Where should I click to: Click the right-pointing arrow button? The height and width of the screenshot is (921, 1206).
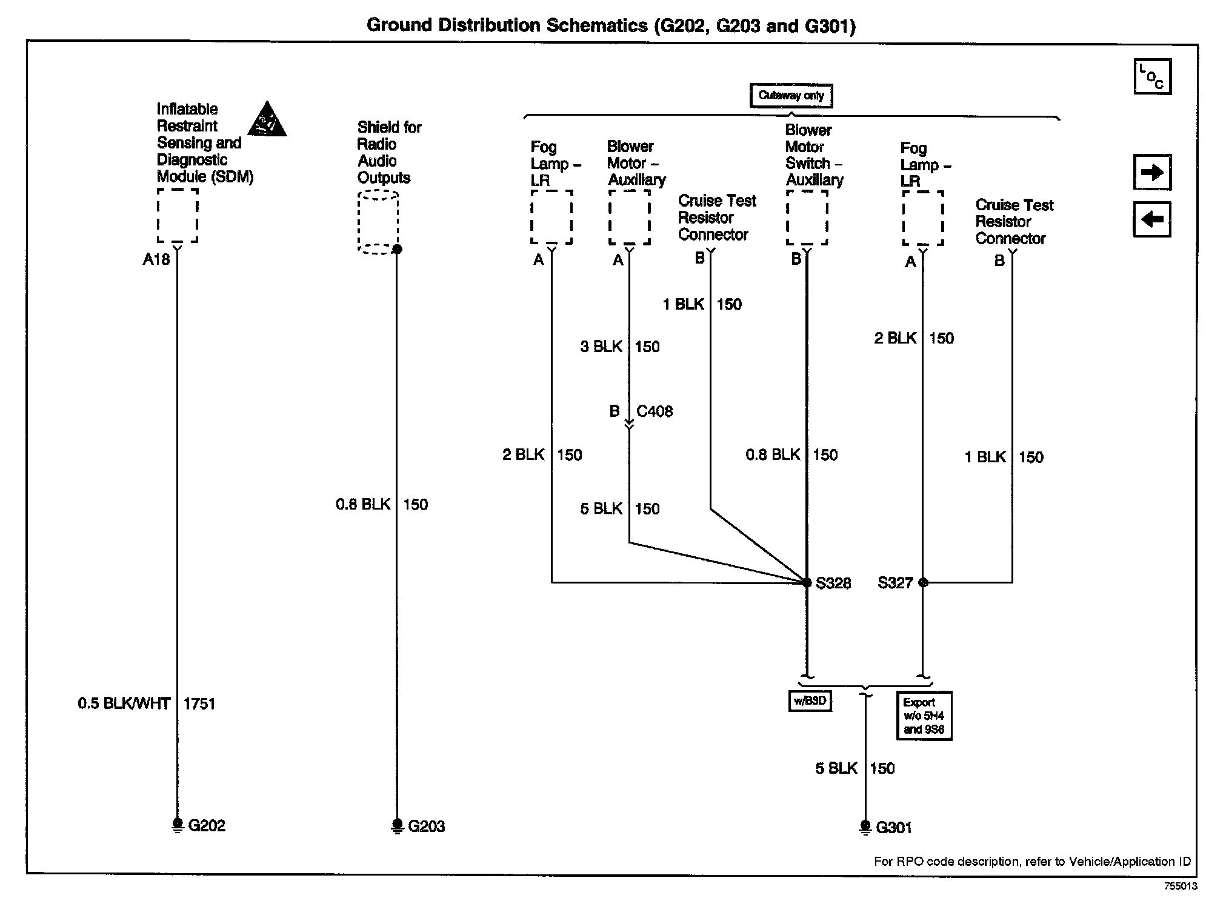(1151, 173)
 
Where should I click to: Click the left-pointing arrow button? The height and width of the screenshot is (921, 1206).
(1151, 219)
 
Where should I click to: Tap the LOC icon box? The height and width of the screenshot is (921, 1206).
(1152, 77)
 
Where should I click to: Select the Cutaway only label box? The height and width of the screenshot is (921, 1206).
(791, 96)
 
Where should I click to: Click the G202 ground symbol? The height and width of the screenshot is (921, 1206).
(178, 825)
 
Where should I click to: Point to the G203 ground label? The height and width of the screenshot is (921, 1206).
(427, 826)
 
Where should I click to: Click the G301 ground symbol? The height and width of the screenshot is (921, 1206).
(865, 827)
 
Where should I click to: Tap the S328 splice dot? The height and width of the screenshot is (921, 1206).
(807, 583)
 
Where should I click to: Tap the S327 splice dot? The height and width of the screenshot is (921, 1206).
(923, 583)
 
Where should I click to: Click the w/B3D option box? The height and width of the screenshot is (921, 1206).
(810, 701)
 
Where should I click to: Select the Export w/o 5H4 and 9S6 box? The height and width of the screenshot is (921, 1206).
(924, 716)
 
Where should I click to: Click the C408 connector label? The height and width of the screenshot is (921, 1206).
(655, 411)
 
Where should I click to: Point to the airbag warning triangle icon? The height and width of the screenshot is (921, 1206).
(267, 119)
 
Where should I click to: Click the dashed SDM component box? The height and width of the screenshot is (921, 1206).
(178, 215)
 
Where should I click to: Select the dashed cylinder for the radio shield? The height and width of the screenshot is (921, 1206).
(378, 222)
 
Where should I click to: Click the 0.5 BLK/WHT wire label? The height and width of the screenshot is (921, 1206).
(124, 703)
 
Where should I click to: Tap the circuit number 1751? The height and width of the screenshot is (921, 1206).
(199, 704)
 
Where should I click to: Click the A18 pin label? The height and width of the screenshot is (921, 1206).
(156, 259)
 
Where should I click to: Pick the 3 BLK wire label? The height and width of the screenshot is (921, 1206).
(601, 347)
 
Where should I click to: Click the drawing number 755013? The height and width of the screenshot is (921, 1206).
(1180, 886)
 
